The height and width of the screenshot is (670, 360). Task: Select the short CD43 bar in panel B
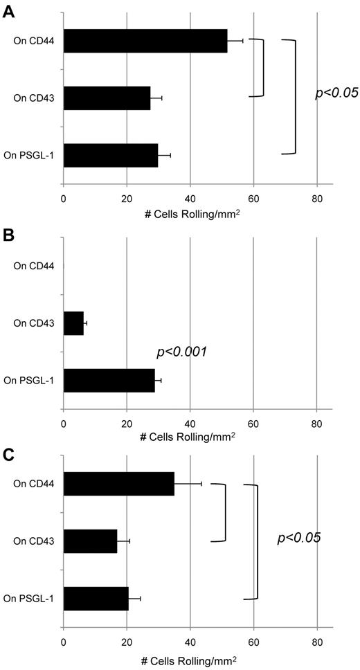point(73,323)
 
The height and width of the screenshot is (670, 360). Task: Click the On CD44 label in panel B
point(34,266)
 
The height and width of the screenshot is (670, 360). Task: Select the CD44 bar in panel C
point(118,483)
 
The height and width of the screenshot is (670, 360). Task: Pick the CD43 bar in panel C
point(90,540)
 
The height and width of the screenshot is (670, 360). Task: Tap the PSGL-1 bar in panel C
point(96,597)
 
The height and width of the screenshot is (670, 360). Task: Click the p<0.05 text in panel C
point(298,536)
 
